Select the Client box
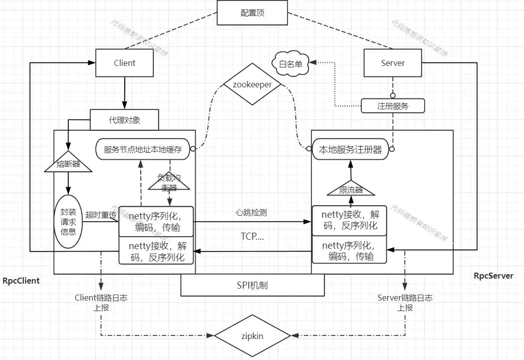[x=124, y=63]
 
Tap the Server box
[x=393, y=63]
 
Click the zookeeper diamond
[x=253, y=84]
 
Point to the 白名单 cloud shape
[x=290, y=63]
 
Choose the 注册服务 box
[x=393, y=106]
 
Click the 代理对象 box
[x=124, y=120]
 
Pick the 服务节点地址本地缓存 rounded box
[x=143, y=149]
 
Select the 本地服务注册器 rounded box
[x=350, y=149]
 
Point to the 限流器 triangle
[x=350, y=189]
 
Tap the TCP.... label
[x=252, y=237]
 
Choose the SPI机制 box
[x=253, y=285]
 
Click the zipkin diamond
[x=253, y=336]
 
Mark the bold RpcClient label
[x=21, y=281]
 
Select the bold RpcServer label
[x=493, y=276]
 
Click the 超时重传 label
[x=101, y=215]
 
